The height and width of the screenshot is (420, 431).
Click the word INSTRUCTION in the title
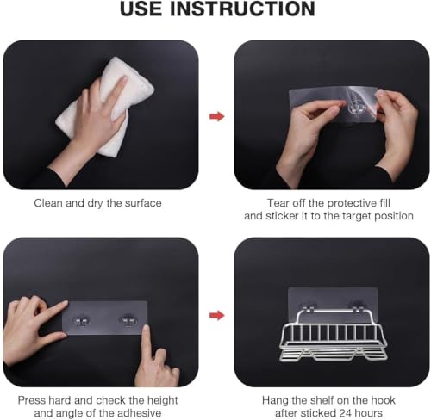coord(242,9)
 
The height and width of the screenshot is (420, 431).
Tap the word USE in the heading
coord(141,9)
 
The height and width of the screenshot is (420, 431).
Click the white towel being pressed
coord(106,106)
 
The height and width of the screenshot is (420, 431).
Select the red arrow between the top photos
coord(217,116)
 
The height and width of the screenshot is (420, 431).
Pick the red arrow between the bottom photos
coord(217,316)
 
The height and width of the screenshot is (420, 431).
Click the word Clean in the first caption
coord(48,203)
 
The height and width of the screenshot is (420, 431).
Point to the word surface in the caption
coord(143,203)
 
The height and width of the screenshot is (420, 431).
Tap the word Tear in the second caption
coord(278,203)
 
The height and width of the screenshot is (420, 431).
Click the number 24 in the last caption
coord(346,413)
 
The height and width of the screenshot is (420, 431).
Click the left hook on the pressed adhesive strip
coord(81,321)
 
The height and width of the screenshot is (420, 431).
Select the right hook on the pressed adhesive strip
coord(128,320)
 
